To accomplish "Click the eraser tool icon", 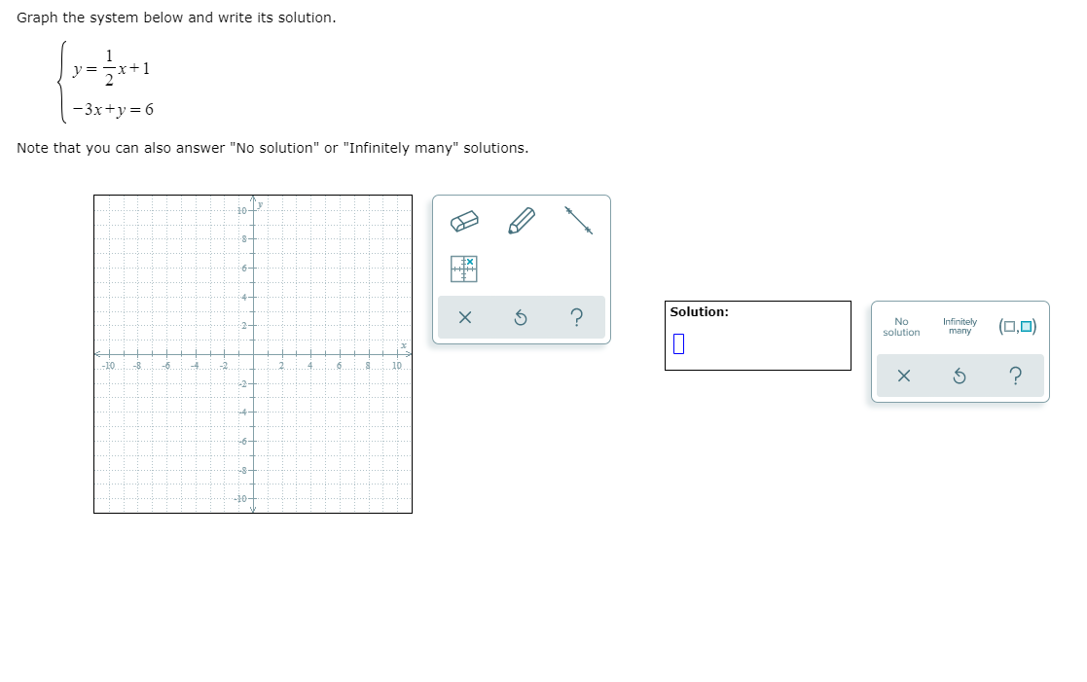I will (x=466, y=223).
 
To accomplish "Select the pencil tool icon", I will (x=523, y=222).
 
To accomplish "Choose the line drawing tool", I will (x=578, y=220).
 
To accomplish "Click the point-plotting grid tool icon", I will (x=465, y=269).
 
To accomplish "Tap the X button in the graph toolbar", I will (x=465, y=318).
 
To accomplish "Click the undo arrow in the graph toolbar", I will (x=521, y=318).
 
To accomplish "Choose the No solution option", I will (x=901, y=326).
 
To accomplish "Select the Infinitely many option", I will (x=960, y=326).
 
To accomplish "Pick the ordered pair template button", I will (x=1017, y=326).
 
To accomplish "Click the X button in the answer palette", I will (x=904, y=377).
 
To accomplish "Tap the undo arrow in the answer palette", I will (x=960, y=377).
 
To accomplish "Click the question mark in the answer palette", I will (x=1016, y=377).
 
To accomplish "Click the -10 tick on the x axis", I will (x=108, y=366).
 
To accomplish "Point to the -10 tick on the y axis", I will (x=242, y=498).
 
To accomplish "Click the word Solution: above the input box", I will (x=699, y=312).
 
